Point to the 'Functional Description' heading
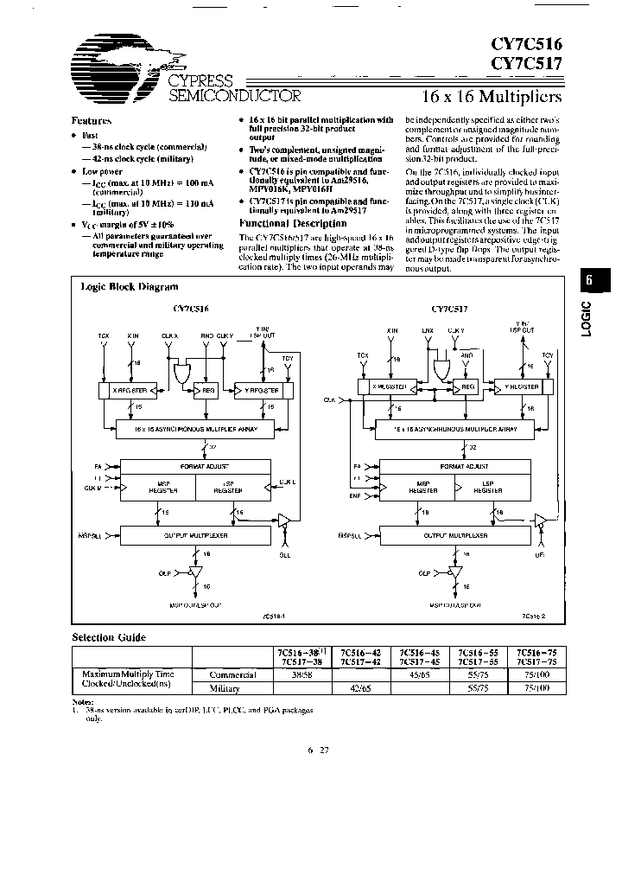[x=287, y=222]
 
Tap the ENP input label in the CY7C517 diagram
[x=354, y=497]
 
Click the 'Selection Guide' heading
[x=109, y=637]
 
